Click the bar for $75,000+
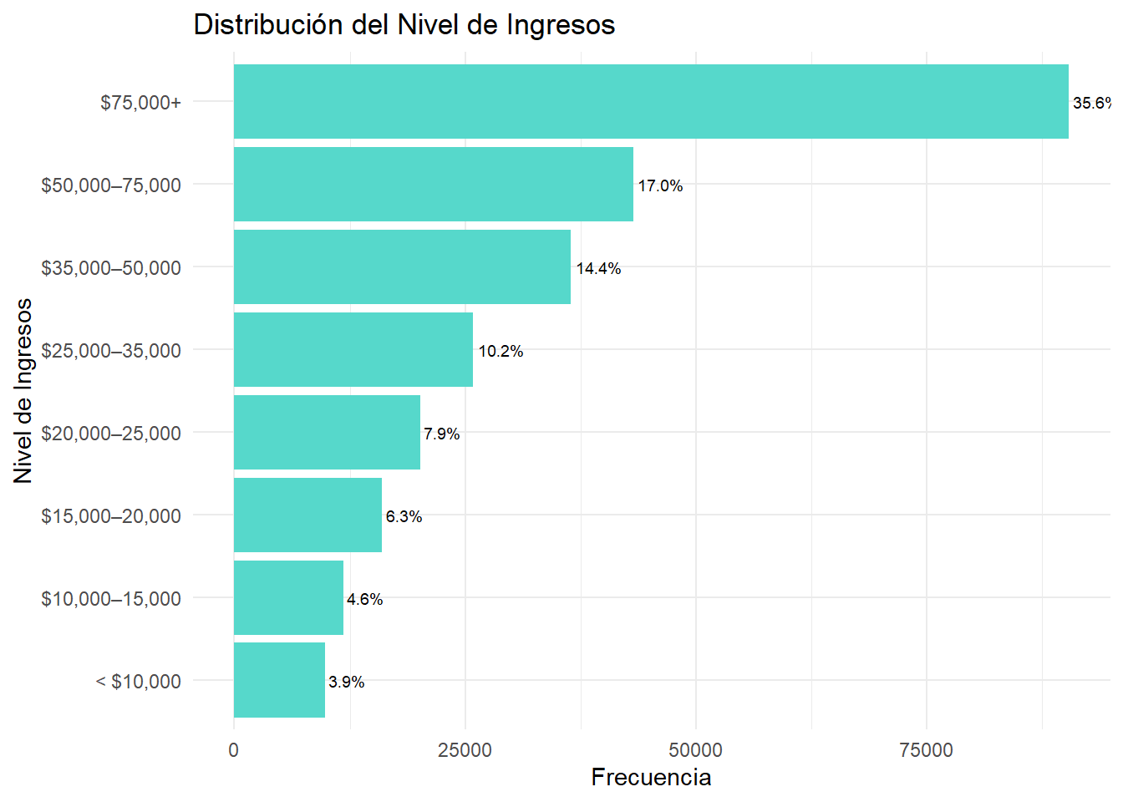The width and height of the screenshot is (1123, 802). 650,101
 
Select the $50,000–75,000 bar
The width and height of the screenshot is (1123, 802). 433,184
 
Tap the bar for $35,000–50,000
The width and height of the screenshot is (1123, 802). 402,266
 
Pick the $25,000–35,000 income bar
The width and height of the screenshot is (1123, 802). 353,349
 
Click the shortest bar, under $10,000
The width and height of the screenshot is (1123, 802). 279,680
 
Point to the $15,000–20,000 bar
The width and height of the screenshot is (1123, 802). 307,515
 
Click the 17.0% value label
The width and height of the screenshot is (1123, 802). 660,185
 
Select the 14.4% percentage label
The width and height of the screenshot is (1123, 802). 598,268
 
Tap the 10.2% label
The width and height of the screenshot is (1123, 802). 501,351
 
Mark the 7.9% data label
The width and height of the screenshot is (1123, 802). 441,434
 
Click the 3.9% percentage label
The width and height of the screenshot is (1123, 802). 346,682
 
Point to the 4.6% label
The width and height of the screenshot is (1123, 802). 364,599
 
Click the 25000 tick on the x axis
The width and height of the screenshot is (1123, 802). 465,749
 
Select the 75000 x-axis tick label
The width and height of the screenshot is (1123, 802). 926,749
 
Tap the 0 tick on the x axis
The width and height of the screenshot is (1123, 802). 233,749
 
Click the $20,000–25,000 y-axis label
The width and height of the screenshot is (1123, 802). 111,433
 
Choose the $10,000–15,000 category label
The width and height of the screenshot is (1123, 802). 111,598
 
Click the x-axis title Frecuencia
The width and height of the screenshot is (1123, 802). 651,777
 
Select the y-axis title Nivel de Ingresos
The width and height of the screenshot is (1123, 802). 23,390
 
